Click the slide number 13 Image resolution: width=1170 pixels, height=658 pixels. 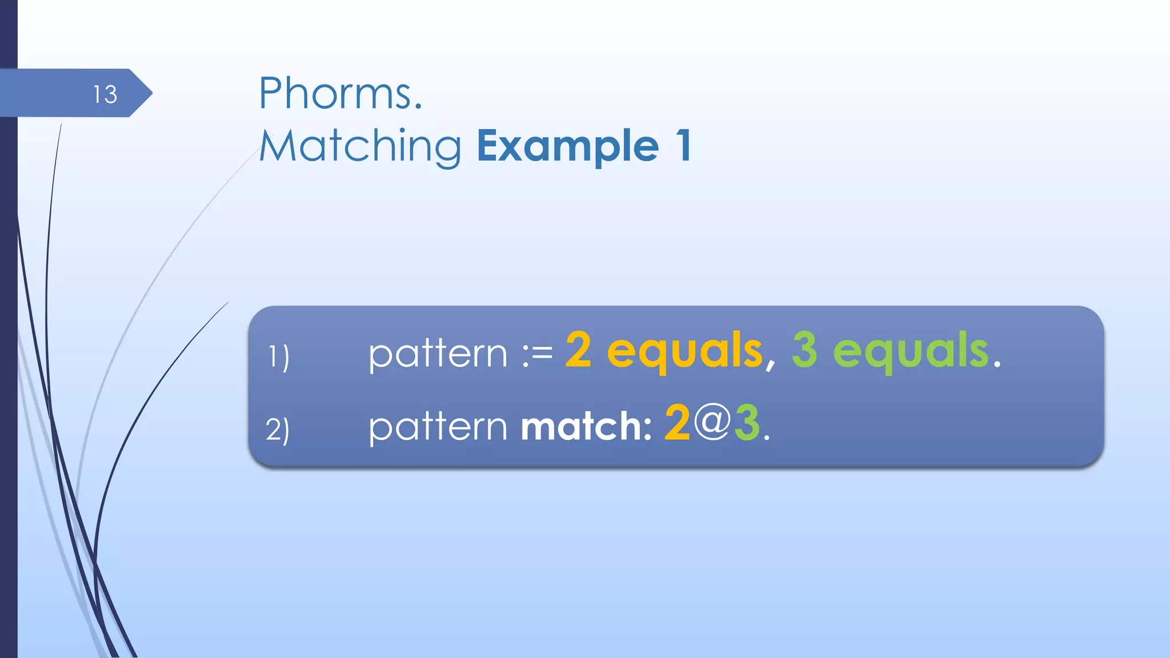click(105, 94)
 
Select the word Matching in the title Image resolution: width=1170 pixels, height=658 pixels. click(360, 146)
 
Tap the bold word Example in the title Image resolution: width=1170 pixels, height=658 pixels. click(568, 146)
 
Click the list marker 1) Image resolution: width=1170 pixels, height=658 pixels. click(279, 356)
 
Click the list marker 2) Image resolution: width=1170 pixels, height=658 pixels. click(278, 429)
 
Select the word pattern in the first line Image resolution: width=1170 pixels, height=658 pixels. click(438, 354)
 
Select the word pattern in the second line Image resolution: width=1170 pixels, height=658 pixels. click(438, 427)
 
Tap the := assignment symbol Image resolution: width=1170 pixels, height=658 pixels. click(537, 354)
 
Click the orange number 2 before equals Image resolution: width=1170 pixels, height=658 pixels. click(578, 350)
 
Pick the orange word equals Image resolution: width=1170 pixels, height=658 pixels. click(684, 351)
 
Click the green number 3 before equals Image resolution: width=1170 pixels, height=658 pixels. click(804, 350)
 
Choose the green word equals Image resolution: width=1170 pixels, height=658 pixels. click(911, 351)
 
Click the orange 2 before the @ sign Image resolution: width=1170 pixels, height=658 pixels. click(678, 423)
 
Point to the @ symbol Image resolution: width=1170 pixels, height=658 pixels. click(712, 423)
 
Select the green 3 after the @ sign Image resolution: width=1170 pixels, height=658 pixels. click(747, 423)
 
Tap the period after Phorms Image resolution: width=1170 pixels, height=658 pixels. click(418, 106)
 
